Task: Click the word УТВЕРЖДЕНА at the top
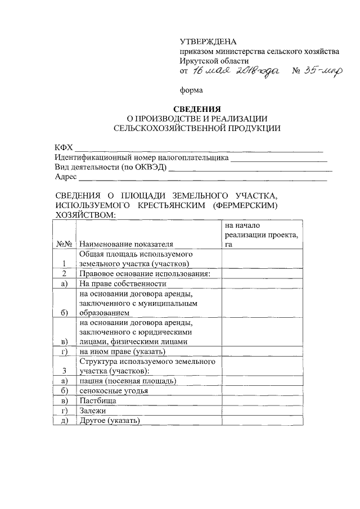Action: [x=208, y=42]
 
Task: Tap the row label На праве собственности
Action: [x=123, y=283]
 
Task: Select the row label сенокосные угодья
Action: [x=114, y=390]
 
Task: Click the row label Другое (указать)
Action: [x=110, y=421]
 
